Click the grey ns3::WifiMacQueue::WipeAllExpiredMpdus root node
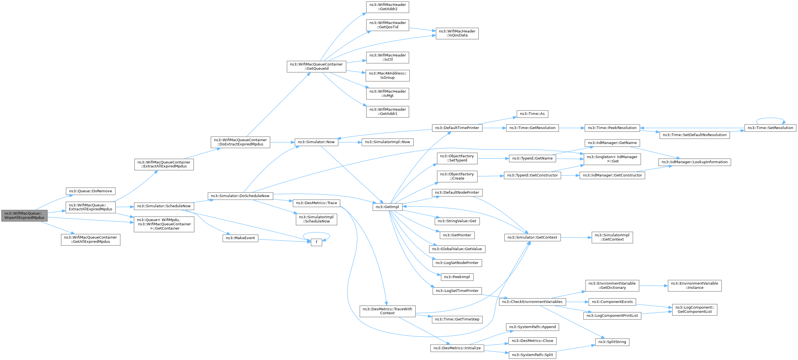coord(25,216)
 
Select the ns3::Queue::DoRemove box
coord(90,191)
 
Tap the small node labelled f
coord(316,242)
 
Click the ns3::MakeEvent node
coord(241,238)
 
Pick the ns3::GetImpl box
coord(388,207)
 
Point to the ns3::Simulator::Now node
coord(316,142)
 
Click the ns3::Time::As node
coord(532,114)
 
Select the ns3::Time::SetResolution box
coord(770,128)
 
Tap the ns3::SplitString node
coord(612,342)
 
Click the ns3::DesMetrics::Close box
coord(532,341)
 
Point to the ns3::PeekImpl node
coord(457,277)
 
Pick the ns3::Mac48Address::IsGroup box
coord(388,76)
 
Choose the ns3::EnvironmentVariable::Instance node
coord(694,286)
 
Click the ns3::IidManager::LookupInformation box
coord(694,162)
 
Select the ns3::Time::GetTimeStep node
coord(457,319)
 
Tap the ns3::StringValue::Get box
coord(457,221)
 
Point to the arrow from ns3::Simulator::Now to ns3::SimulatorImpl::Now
coord(350,142)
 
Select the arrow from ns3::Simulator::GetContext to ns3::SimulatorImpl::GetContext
coord(576,238)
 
